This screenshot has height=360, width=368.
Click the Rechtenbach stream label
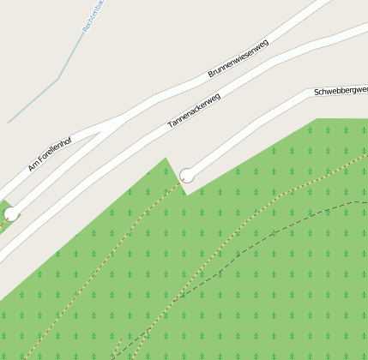(94, 15)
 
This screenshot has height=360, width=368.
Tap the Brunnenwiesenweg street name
(238, 59)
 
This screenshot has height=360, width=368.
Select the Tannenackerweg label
(194, 111)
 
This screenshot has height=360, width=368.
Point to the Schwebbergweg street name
(341, 90)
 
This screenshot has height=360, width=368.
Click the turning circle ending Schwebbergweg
(186, 176)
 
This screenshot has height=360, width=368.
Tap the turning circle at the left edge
(11, 213)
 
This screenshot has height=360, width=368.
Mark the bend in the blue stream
(58, 80)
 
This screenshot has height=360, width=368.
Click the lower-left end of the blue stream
(9, 123)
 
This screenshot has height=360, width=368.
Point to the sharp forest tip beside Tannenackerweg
(166, 158)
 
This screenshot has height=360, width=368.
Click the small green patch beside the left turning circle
(3, 225)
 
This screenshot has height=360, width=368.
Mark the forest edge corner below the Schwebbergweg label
(317, 119)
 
